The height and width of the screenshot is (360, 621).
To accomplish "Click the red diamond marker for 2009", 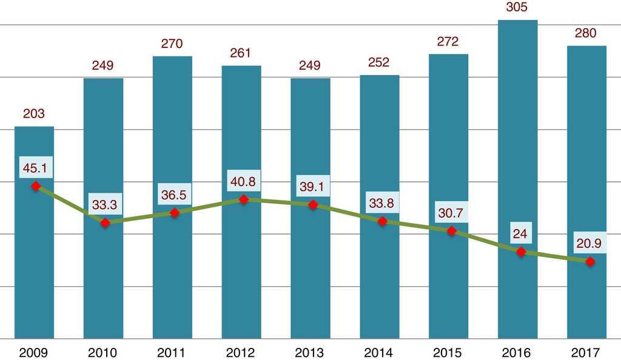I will (x=36, y=186).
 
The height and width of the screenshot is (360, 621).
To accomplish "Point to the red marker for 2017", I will (x=590, y=261).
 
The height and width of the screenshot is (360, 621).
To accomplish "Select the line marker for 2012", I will (x=244, y=199).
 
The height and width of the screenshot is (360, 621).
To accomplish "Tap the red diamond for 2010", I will (x=106, y=223).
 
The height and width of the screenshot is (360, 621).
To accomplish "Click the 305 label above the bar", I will (x=517, y=8).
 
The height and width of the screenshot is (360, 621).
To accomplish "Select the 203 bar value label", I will (x=34, y=113).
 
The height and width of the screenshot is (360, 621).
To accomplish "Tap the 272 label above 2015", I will (x=448, y=42).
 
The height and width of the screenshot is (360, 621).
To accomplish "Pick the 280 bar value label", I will (x=586, y=33).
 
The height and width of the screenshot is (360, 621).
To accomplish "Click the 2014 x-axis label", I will (x=379, y=352).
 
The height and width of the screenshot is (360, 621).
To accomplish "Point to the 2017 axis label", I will (x=586, y=352).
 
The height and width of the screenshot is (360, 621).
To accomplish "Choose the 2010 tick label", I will (x=103, y=352).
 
